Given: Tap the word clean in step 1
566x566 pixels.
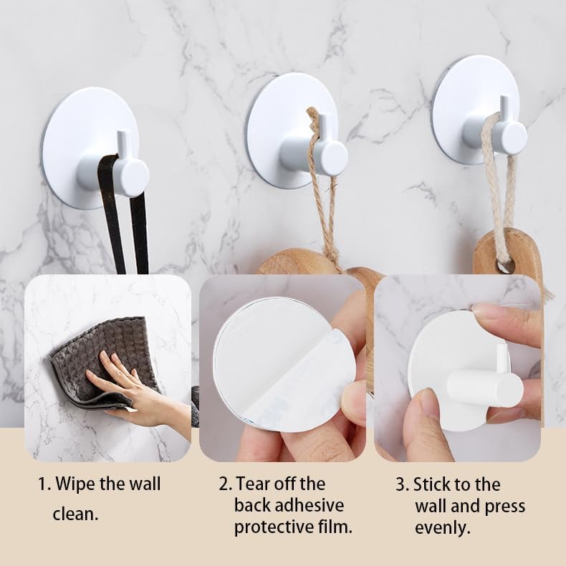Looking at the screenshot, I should coord(75,514).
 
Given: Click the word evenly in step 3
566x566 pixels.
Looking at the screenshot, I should coord(441,528).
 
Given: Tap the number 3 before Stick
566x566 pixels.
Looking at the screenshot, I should coord(401,484).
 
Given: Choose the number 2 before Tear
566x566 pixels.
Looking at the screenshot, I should coord(224,484).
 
